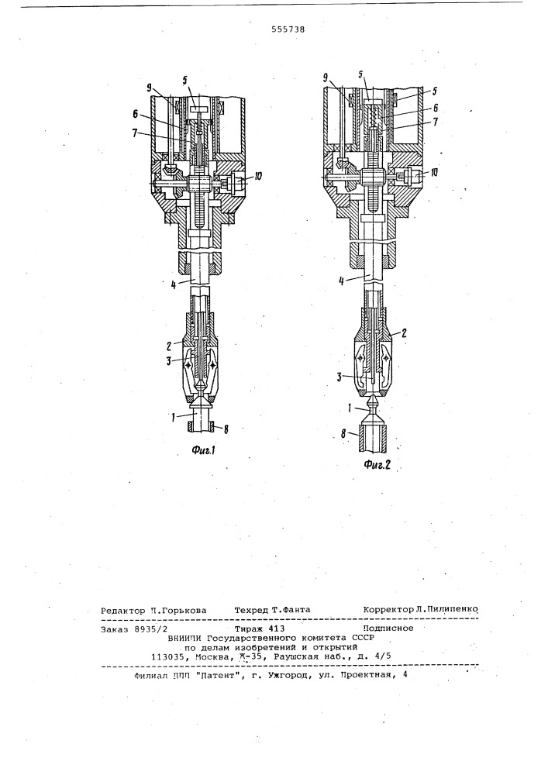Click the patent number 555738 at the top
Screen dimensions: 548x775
[x=288, y=29]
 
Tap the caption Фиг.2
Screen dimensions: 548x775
[x=377, y=464]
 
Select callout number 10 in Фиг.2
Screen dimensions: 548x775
[x=433, y=173]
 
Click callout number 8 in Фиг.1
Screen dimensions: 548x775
[x=226, y=429]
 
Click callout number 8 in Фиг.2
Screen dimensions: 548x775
[x=342, y=433]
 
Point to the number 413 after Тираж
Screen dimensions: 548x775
[x=276, y=629]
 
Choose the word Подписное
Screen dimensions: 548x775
[x=388, y=629]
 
